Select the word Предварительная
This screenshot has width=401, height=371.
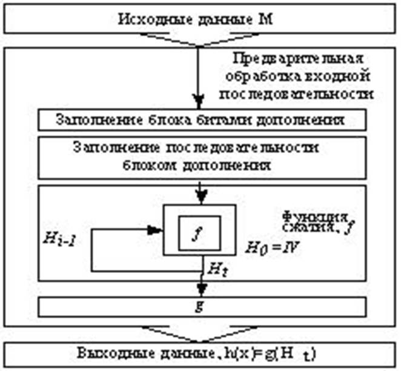(297, 60)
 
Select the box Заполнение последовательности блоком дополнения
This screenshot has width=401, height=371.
(200, 155)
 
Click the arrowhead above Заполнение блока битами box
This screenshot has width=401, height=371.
(197, 101)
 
